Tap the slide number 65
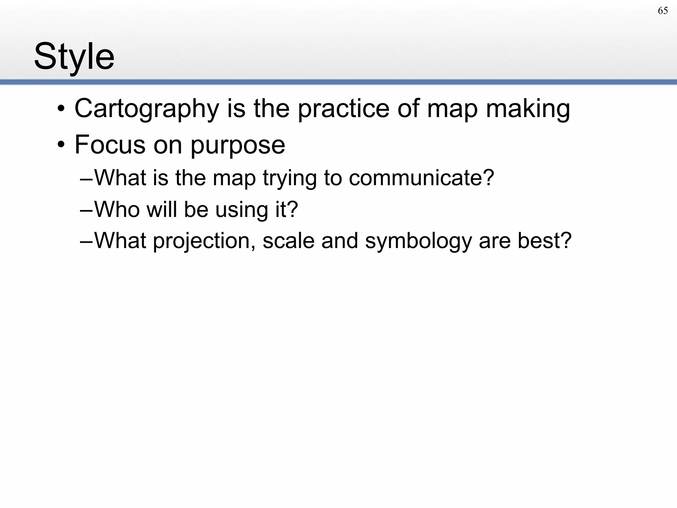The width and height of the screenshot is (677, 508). [x=663, y=11]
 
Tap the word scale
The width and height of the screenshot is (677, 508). [x=288, y=240]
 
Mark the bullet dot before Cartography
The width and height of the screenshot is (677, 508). [x=61, y=109]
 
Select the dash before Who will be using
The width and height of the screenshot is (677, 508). [x=87, y=210]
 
